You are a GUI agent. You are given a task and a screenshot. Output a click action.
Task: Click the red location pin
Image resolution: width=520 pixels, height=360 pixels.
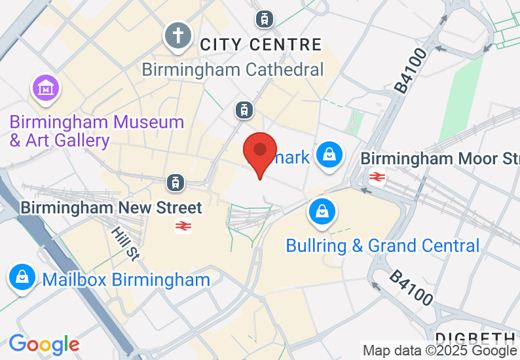click(x=260, y=152)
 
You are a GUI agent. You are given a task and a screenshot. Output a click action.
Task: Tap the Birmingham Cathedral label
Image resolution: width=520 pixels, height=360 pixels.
click(x=233, y=69)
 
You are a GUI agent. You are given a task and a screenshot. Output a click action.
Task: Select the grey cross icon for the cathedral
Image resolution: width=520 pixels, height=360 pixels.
click(x=178, y=35)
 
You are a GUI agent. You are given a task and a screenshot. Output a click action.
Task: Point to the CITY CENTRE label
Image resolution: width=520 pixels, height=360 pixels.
click(x=261, y=45)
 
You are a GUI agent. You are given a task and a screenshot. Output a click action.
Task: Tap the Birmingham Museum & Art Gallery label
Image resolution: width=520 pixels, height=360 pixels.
click(x=96, y=131)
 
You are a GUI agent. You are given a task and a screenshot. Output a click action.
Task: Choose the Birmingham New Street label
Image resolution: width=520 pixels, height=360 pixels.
click(x=111, y=207)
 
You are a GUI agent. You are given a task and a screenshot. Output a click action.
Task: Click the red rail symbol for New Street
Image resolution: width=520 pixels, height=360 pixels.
click(x=183, y=226)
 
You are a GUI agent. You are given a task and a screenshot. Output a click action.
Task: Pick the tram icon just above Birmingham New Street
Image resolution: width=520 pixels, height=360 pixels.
click(x=175, y=183)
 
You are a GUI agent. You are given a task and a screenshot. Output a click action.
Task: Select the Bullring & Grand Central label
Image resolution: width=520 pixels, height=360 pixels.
click(x=382, y=245)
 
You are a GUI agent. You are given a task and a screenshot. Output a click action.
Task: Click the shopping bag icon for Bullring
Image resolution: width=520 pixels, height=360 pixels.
click(x=322, y=211)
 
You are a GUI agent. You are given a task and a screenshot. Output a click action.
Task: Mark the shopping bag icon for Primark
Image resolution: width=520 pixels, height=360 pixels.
click(x=331, y=155)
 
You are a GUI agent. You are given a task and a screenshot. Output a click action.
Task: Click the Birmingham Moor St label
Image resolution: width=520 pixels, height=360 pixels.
click(x=439, y=158)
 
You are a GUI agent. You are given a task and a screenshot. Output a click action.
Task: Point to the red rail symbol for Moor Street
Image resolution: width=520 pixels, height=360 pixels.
click(x=377, y=176)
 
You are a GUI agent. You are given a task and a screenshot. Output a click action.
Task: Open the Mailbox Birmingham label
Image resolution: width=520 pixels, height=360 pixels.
click(x=126, y=279)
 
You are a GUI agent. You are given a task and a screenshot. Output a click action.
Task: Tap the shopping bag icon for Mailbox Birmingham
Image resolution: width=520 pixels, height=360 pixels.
click(x=22, y=277)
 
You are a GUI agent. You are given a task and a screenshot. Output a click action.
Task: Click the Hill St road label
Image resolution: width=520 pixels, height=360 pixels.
click(x=124, y=244)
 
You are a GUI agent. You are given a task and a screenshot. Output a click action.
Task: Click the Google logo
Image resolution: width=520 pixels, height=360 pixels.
click(x=44, y=344)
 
